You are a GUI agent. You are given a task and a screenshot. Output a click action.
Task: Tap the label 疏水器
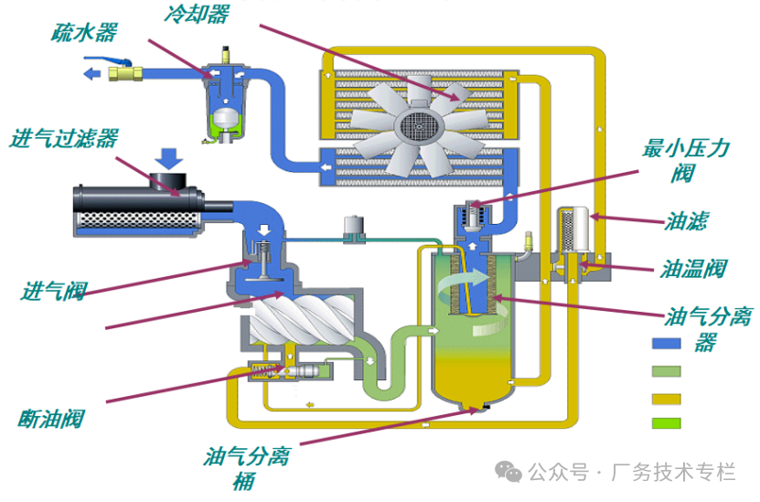coord(84,33)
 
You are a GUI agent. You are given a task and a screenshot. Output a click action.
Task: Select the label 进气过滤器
coord(64,139)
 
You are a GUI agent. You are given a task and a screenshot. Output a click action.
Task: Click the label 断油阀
coord(51,419)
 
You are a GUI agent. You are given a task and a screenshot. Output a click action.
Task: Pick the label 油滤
coord(686,222)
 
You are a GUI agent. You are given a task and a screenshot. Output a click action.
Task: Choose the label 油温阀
coord(693,269)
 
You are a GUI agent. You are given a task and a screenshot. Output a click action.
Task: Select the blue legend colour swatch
coord(667,345)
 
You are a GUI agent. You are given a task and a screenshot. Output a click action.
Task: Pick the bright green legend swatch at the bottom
coord(667,422)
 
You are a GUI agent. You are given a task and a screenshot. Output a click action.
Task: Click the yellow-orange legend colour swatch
coord(667,398)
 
